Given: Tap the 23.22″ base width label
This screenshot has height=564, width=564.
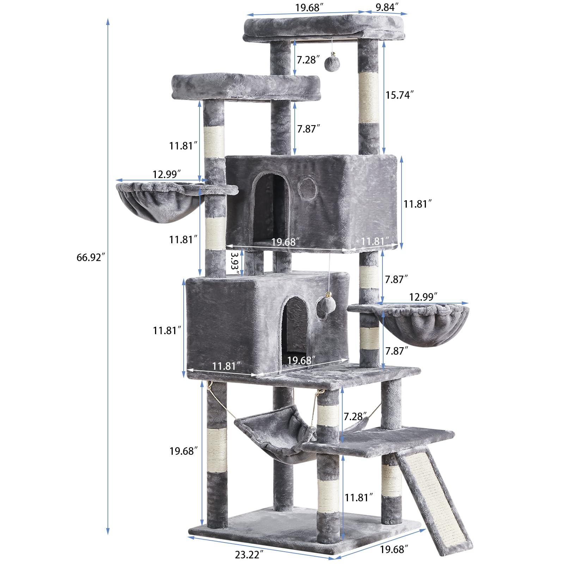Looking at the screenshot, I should pyautogui.click(x=249, y=554).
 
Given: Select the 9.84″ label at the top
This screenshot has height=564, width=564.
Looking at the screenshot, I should pyautogui.click(x=387, y=7).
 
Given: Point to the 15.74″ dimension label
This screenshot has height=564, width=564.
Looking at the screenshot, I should pyautogui.click(x=399, y=95).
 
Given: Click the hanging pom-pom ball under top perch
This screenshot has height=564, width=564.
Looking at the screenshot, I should pyautogui.click(x=331, y=61).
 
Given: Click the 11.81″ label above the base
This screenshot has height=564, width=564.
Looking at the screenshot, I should pyautogui.click(x=359, y=497).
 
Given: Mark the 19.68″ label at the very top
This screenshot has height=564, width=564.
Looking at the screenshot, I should pyautogui.click(x=307, y=7).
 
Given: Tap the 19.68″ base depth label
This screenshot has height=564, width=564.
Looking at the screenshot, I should pyautogui.click(x=394, y=549).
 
